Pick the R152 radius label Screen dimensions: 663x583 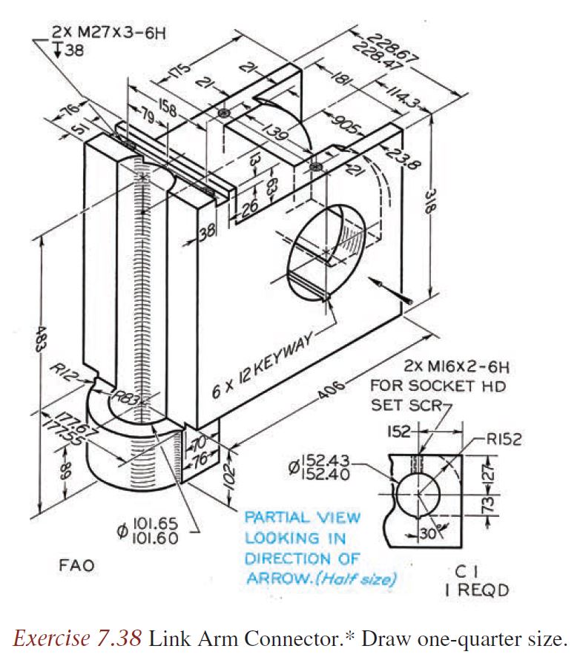504,439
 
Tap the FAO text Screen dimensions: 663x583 76,566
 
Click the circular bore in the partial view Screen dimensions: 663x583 417,493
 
